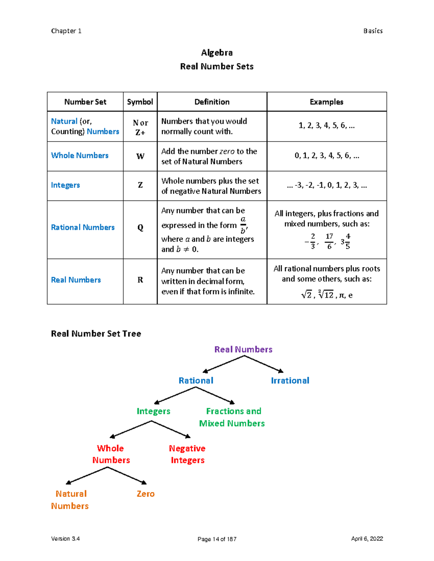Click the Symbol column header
tap(140, 102)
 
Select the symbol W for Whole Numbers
tap(140, 156)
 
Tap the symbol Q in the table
tap(140, 228)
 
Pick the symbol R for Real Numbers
tap(140, 280)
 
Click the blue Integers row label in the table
tap(65, 185)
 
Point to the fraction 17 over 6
tap(329, 241)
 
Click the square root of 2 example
tap(306, 295)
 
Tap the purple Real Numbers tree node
tap(243, 349)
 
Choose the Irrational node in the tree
tap(290, 380)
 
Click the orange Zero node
tap(145, 494)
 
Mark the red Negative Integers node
tap(187, 454)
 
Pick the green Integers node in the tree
tap(153, 411)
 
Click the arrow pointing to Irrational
tap(264, 364)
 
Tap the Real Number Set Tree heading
tap(96, 333)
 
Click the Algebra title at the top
tap(217, 53)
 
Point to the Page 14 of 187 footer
tap(217, 539)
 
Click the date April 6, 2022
tap(367, 539)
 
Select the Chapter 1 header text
tap(66, 31)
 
